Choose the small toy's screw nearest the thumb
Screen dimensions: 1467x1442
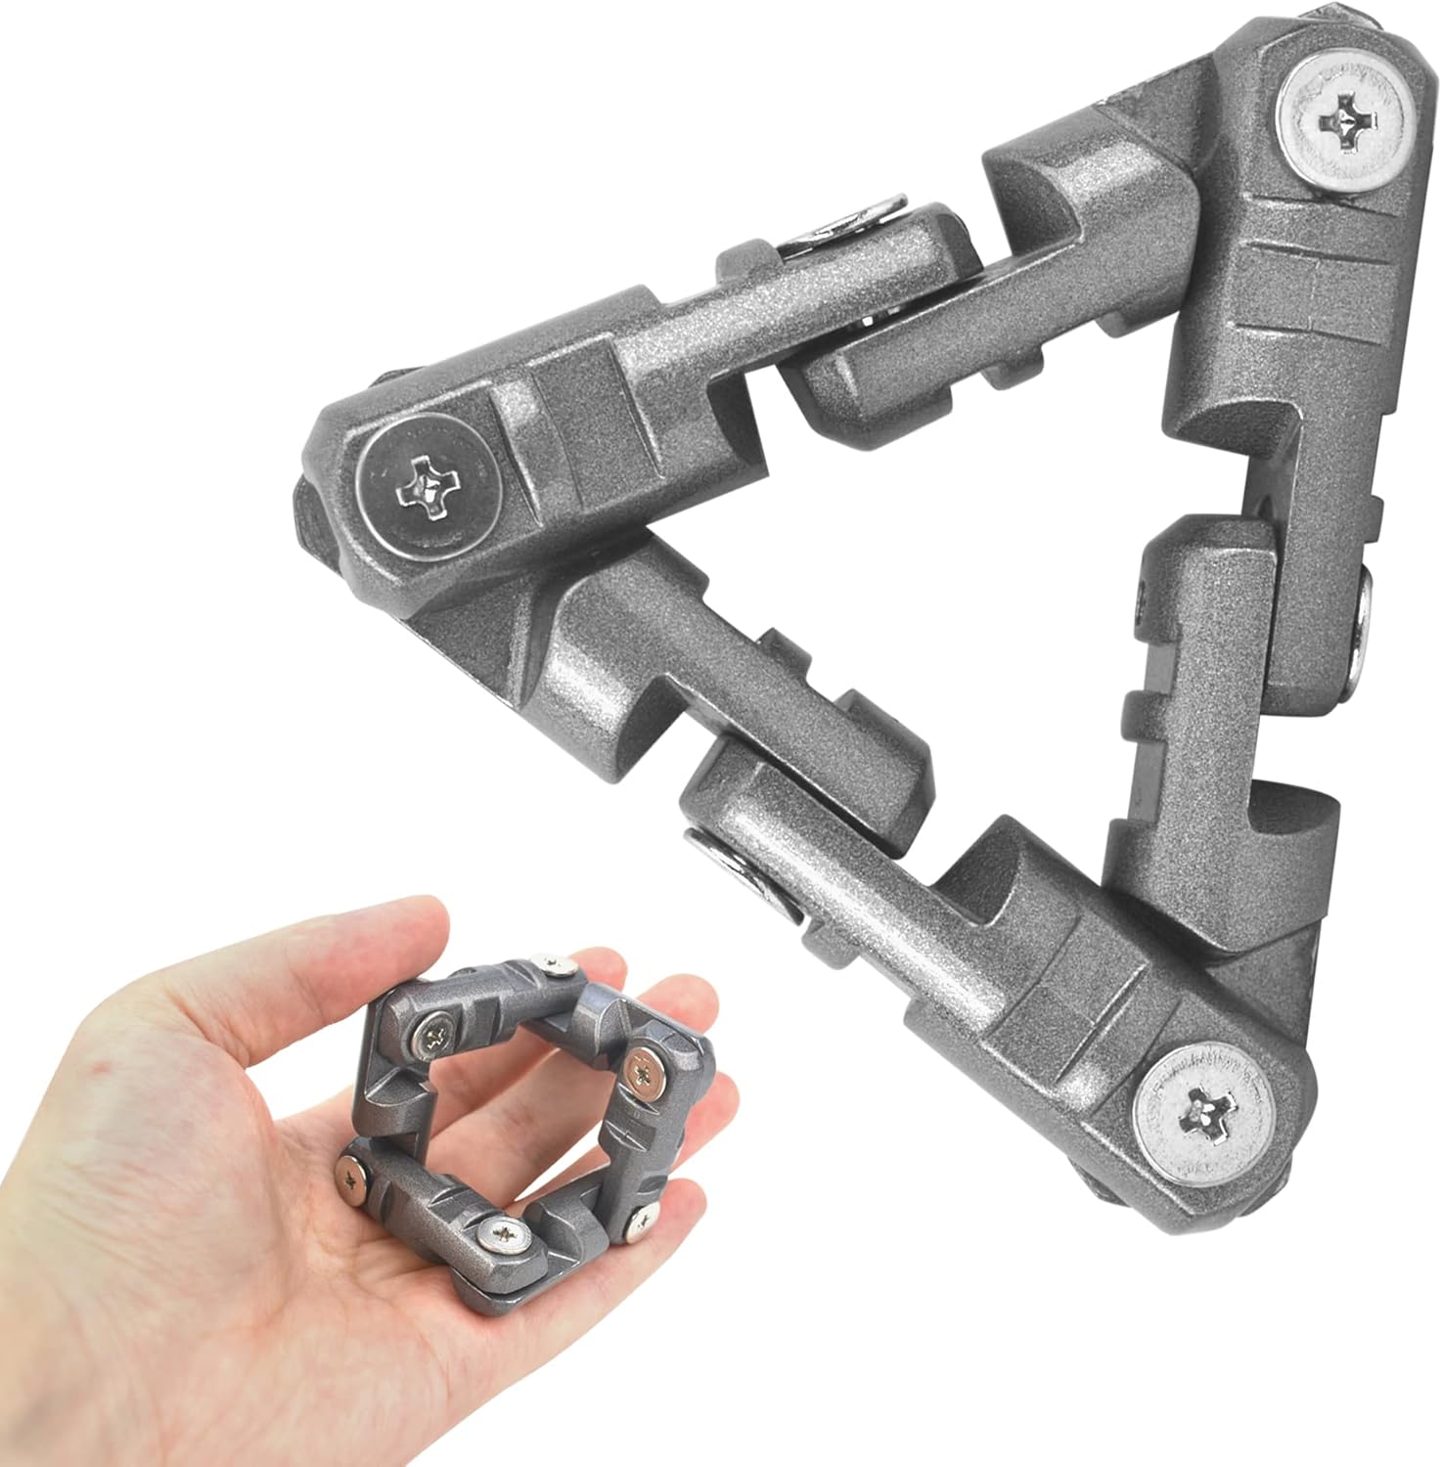pos(432,1027)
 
